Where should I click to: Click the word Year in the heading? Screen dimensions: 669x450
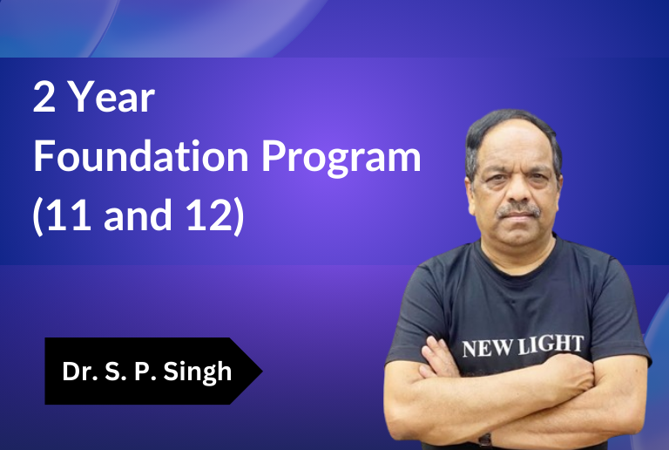[111, 98]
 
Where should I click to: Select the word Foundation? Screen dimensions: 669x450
[141, 156]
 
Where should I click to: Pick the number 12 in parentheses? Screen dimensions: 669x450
[209, 215]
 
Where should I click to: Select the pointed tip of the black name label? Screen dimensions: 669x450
[262, 371]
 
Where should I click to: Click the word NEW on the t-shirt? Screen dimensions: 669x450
[488, 348]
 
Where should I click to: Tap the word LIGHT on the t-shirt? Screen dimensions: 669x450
[551, 344]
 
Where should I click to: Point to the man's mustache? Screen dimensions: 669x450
[518, 209]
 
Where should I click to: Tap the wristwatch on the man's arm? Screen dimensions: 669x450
[484, 440]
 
